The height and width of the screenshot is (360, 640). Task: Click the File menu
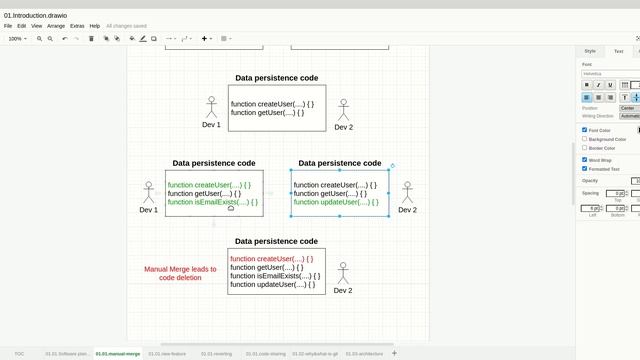point(8,26)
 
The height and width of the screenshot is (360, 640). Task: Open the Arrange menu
point(56,26)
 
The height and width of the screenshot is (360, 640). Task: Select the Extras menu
point(77,26)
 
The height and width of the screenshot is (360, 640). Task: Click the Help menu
point(95,26)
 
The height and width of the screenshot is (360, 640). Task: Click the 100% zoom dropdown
point(17,39)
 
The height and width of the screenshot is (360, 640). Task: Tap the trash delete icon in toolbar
point(91,39)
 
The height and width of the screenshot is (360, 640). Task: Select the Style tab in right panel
point(590,51)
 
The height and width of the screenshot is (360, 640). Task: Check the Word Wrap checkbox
point(585,159)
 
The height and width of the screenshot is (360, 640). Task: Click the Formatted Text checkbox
point(585,168)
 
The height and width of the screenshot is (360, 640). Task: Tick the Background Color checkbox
point(585,139)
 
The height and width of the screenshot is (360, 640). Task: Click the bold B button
point(587,85)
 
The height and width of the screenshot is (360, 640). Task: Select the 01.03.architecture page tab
point(364,353)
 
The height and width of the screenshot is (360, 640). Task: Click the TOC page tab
point(20,353)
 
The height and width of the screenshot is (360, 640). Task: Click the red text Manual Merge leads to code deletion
point(180,273)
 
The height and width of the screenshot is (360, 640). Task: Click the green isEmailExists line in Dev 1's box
point(212,202)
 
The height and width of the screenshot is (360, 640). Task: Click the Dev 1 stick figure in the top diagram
point(211,107)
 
